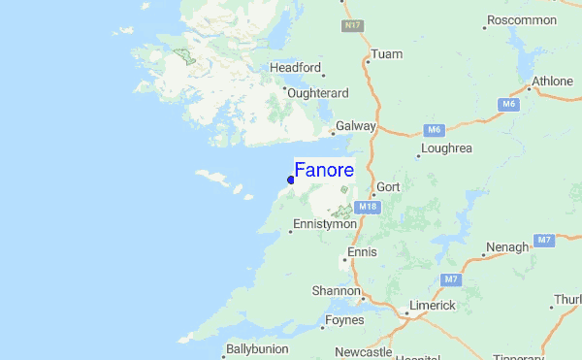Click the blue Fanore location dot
pyautogui.click(x=290, y=180)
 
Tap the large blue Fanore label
pyautogui.click(x=324, y=170)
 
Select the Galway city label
pyautogui.click(x=355, y=127)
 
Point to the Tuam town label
pyautogui.click(x=386, y=54)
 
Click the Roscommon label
pyautogui.click(x=522, y=19)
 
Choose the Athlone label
pyautogui.click(x=553, y=82)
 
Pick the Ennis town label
pyautogui.click(x=361, y=252)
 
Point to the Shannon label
pyautogui.click(x=336, y=290)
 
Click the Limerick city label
pyautogui.click(x=432, y=306)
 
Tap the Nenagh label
pyautogui.click(x=508, y=247)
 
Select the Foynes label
pyautogui.click(x=345, y=319)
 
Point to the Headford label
pyautogui.click(x=295, y=67)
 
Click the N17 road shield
pyautogui.click(x=352, y=25)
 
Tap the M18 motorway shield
pyautogui.click(x=367, y=207)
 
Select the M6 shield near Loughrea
pyautogui.click(x=434, y=129)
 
